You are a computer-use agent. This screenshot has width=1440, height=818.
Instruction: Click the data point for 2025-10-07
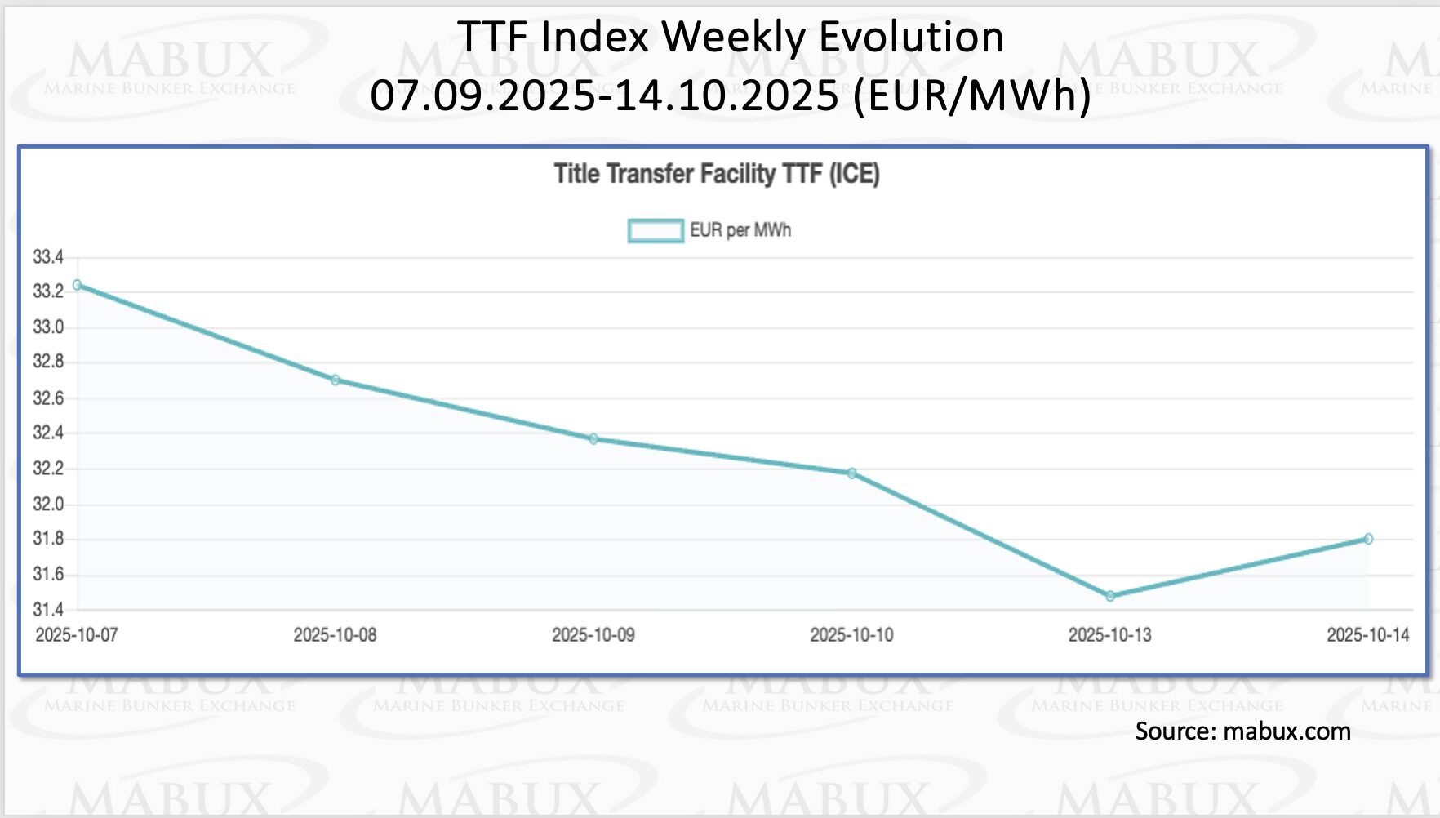coord(78,285)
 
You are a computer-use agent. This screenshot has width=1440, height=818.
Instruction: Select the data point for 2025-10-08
coord(336,380)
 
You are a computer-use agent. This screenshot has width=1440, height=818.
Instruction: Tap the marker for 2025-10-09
coord(593,439)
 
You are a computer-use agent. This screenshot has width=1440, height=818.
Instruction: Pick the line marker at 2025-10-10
coord(851,473)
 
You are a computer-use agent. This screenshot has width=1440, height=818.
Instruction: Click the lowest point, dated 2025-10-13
coord(1110,597)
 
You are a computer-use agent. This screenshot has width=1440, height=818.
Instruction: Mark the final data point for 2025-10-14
coord(1368,539)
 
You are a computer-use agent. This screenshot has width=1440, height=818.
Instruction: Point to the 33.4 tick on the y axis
coord(48,257)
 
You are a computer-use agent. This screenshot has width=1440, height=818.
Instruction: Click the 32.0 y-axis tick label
coord(48,504)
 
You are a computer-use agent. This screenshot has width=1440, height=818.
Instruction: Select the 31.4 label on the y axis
coord(48,609)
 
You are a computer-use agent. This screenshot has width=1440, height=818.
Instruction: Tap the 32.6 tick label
coord(48,398)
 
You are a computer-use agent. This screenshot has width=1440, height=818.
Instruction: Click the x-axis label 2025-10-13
coord(1109,635)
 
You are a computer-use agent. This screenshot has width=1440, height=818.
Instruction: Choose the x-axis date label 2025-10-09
coord(593,635)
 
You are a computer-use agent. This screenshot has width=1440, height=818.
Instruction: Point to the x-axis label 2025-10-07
coord(77,635)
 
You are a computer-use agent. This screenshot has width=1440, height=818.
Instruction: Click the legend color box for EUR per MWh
coord(656,231)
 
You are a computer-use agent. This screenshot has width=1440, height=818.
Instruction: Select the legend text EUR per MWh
coord(740,230)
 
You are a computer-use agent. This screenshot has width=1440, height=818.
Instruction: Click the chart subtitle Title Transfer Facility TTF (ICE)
coord(717,174)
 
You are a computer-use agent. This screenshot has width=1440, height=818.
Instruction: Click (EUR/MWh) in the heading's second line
coord(971,95)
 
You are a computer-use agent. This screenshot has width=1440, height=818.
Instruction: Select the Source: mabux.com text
coord(1242,731)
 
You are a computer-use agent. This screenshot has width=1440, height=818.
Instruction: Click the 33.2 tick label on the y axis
coord(48,291)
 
